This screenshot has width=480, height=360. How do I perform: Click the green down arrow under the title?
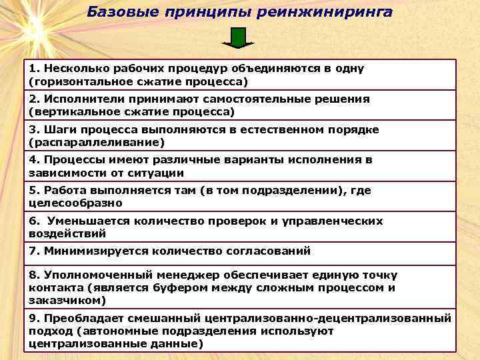point(239,37)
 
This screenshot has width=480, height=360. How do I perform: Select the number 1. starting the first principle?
point(35,69)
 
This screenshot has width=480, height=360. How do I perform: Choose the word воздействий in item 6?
point(67,233)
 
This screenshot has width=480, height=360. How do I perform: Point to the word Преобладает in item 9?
point(76,318)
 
